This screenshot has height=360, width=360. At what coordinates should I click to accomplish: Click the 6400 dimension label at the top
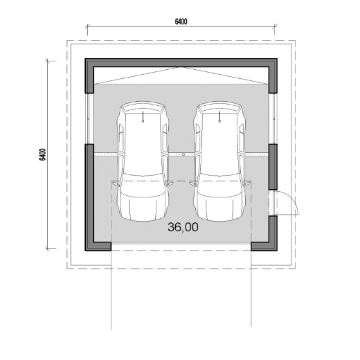tap(181, 21)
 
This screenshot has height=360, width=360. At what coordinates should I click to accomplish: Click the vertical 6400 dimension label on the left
tap(43, 154)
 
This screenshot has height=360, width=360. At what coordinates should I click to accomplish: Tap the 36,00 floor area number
tap(183, 227)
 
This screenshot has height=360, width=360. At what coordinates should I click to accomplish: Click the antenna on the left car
tap(143, 116)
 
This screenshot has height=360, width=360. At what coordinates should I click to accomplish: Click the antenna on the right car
tap(219, 116)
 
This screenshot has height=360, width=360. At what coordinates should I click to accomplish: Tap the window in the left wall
tap(89, 118)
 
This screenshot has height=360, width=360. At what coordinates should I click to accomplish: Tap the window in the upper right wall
tap(273, 118)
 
